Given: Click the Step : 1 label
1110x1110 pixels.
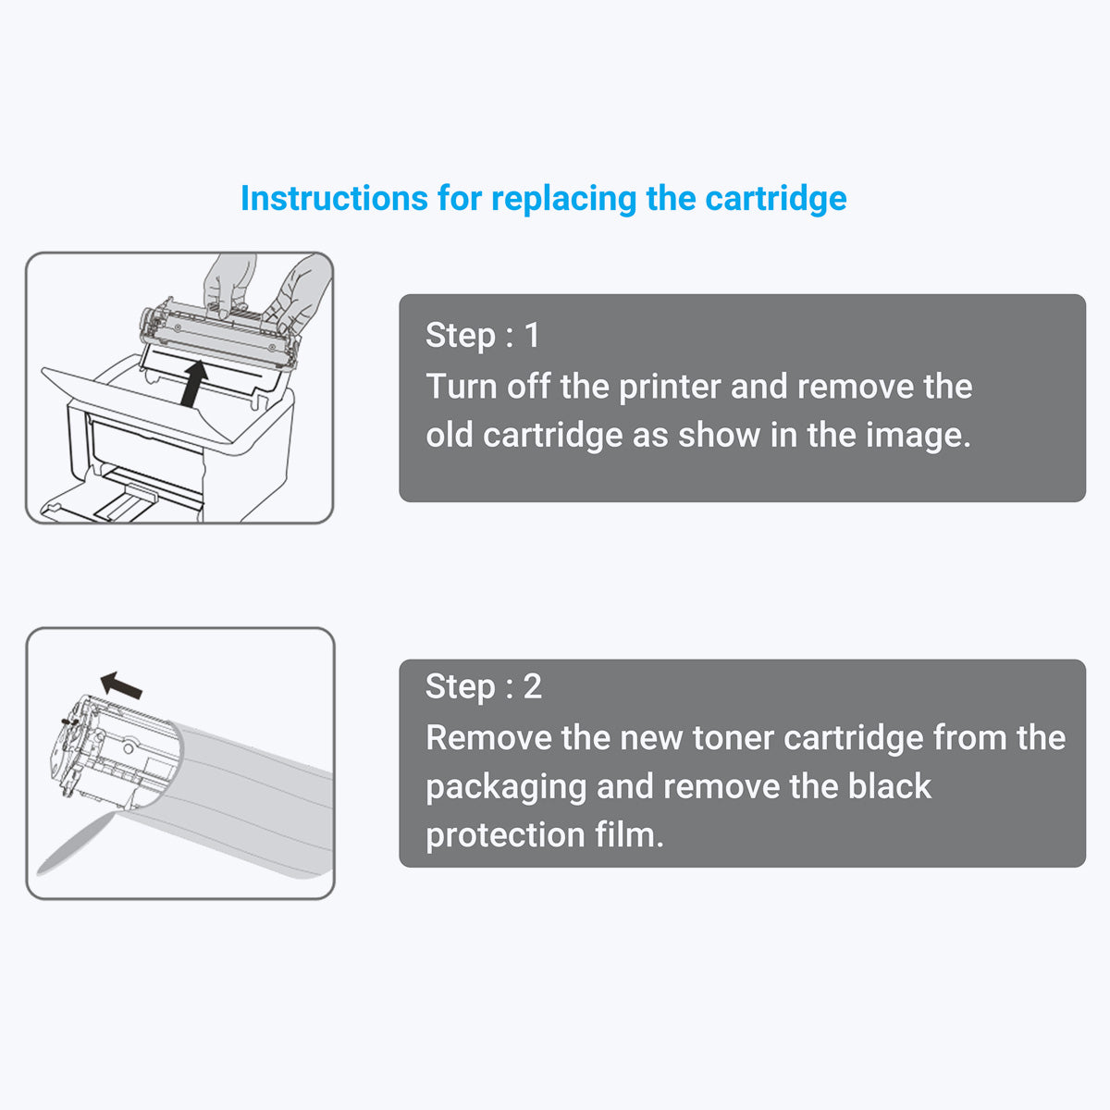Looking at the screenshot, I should pos(482,335).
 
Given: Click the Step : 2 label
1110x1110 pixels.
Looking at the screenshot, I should pos(483,686).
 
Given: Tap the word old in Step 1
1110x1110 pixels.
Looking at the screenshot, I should pos(450,435).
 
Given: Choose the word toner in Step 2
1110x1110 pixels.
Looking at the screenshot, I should pos(734,738).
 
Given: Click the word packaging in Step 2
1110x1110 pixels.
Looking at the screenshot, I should pos(506,787).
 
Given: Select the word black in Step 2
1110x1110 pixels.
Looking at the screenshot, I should pos(889,786).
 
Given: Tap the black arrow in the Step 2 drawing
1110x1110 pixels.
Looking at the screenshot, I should pos(121,685).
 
